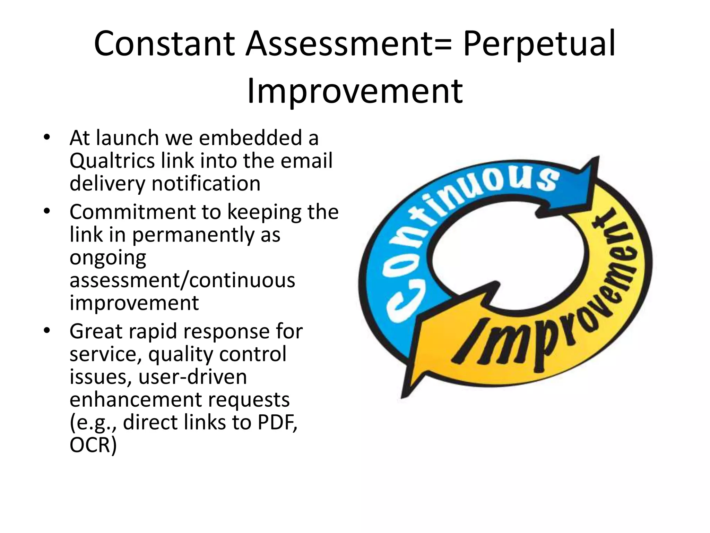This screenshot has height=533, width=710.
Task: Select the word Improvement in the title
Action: coord(355,91)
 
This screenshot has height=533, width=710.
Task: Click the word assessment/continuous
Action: coord(182,280)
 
